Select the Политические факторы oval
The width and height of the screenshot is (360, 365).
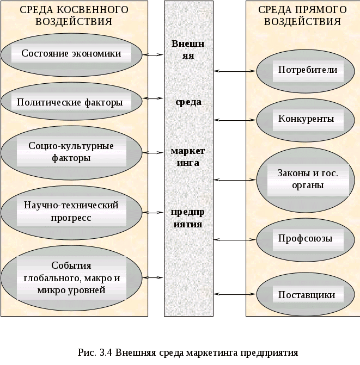point(70,102)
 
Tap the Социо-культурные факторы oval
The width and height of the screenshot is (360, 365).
point(71,152)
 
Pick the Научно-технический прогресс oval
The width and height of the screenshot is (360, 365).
point(71,211)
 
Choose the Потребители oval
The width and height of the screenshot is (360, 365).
point(308,70)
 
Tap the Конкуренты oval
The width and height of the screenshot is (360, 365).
point(307,119)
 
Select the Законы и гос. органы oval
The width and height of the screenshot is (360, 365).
point(308,179)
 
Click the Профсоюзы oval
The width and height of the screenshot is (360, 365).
point(306,239)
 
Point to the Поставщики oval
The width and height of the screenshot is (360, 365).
point(307,295)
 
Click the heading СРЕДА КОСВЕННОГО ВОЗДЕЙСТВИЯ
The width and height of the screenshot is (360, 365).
point(74,16)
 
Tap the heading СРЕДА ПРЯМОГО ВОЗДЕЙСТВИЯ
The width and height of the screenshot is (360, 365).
point(302,16)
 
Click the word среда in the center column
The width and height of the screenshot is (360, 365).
point(188,102)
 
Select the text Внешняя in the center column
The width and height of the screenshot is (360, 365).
point(188,49)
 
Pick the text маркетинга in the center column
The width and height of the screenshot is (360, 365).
point(188,156)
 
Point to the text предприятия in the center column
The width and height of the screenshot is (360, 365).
point(188,218)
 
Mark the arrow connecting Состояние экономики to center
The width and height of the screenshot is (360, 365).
point(154,54)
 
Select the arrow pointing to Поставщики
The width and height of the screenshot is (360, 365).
point(235,294)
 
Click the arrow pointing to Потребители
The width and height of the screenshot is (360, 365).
point(235,70)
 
